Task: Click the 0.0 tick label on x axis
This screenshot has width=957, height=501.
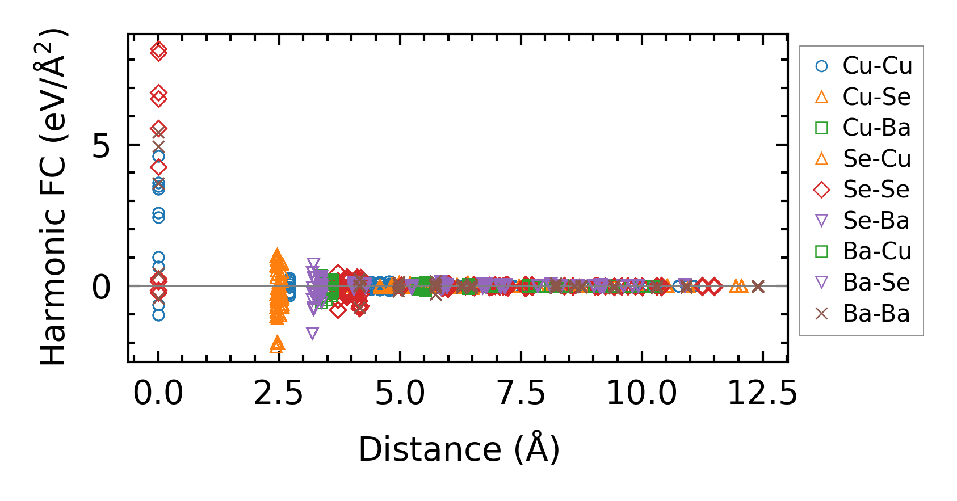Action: tap(158, 393)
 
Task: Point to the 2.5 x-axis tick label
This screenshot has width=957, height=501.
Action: tap(279, 393)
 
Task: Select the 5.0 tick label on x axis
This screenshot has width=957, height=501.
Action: tap(400, 393)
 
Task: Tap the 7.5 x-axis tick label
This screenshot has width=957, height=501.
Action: tap(521, 393)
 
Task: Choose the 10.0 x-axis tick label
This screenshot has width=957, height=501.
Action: tap(641, 393)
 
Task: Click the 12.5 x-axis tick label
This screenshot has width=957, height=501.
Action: tap(762, 393)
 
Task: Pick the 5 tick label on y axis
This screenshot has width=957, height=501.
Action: tap(101, 146)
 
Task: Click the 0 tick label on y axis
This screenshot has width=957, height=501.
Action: tap(101, 287)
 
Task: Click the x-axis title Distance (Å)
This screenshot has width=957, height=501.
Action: tap(459, 449)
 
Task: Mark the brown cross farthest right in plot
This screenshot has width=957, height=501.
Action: tap(758, 287)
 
